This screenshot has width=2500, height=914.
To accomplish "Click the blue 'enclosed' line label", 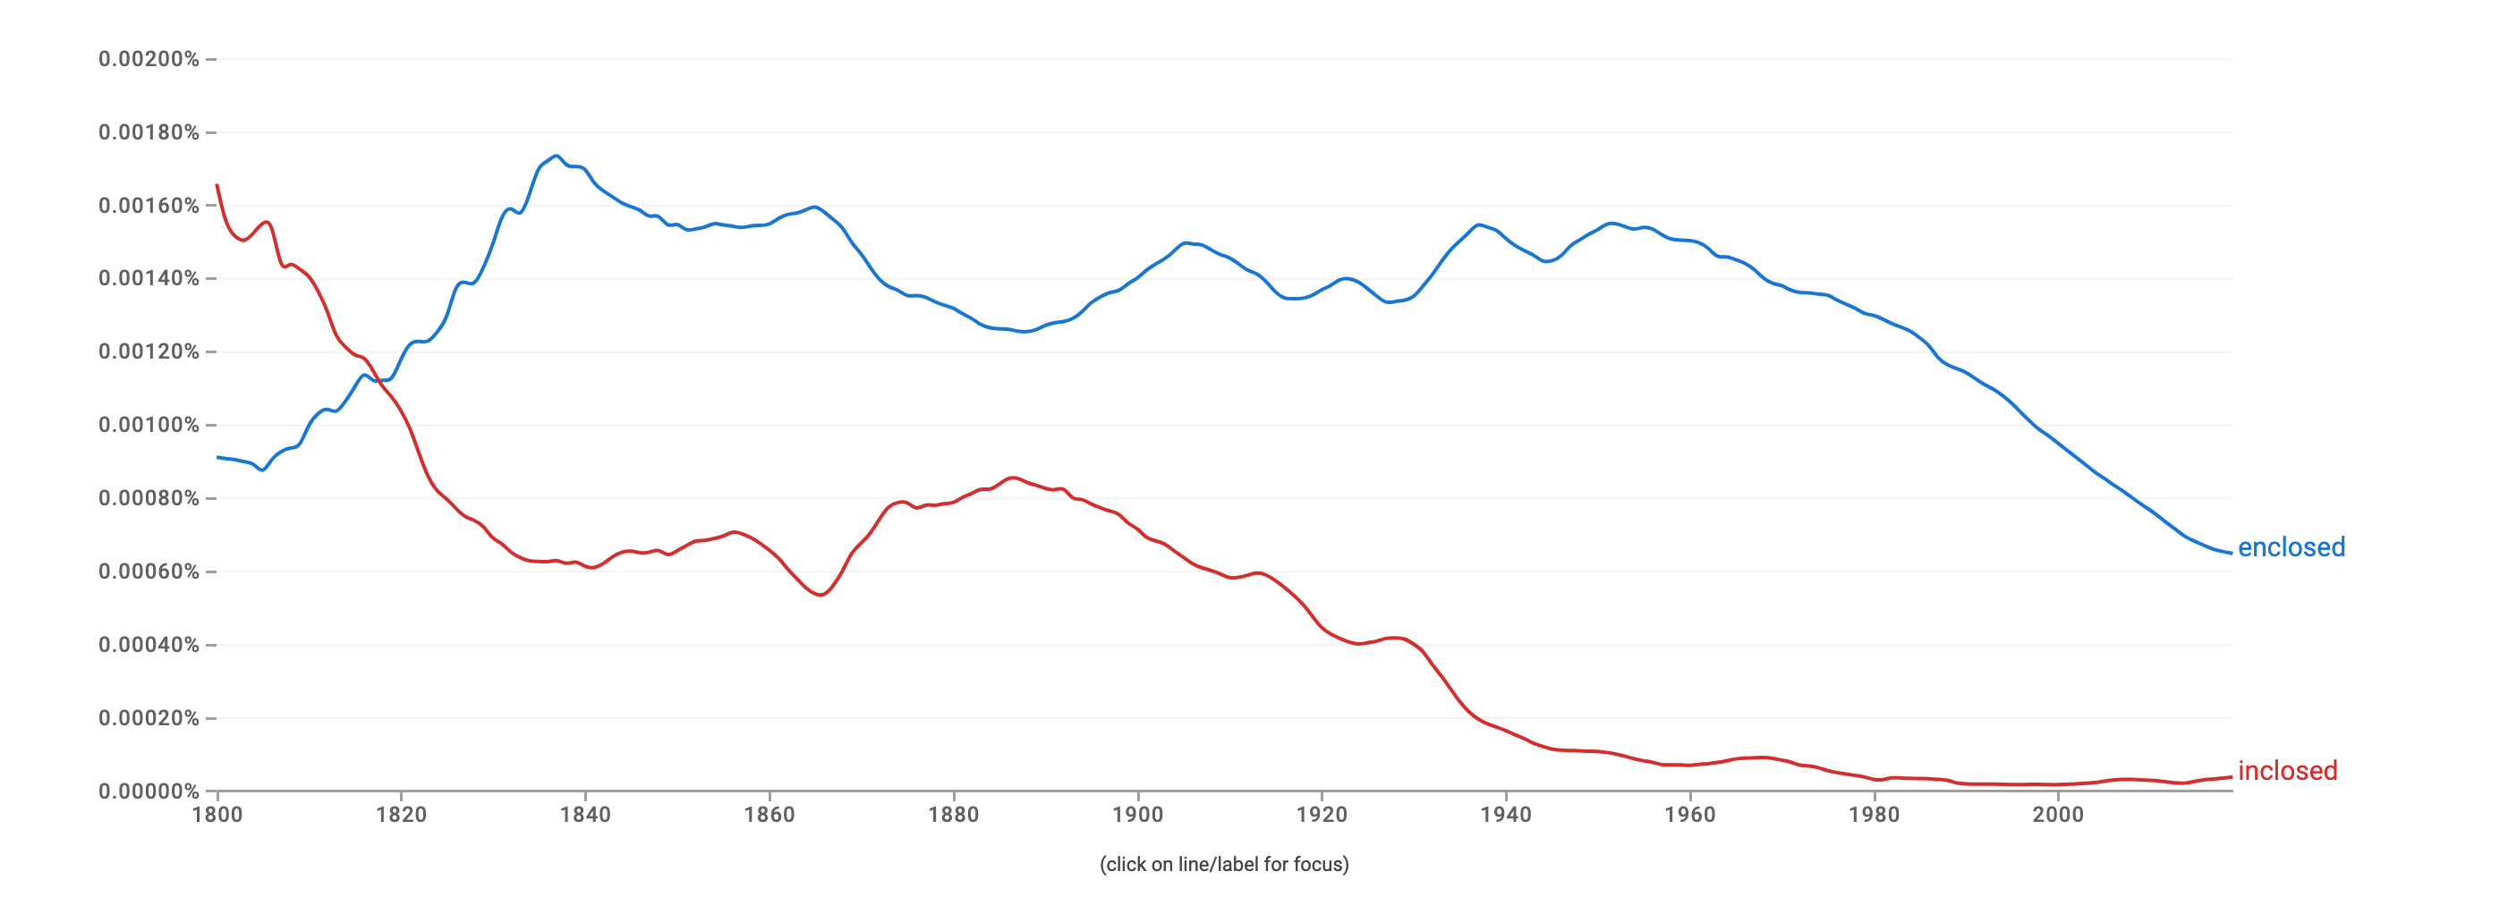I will pos(2291,547).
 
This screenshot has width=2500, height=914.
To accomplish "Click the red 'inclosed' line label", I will pos(2286,770).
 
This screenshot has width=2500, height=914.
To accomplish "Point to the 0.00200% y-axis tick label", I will pos(149,59).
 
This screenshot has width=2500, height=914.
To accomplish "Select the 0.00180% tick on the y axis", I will pos(149,132).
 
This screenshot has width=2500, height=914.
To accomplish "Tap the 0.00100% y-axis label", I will pos(149,425).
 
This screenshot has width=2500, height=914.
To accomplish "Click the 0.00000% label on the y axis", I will pos(149,791).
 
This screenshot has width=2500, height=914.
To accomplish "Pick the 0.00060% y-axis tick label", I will pos(149,571).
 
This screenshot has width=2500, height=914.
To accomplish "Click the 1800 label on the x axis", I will pos(217,815).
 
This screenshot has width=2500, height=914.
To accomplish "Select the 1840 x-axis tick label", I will pos(585,815).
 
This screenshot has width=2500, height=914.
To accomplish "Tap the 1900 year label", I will pos(1137,815).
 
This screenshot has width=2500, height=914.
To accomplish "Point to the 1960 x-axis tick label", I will pos(1689,815).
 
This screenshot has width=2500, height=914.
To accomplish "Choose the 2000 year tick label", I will pos(2057,815).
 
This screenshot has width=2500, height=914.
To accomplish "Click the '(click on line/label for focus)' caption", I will pos(1224,865).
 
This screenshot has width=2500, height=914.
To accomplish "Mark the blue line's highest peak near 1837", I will pos(556,156).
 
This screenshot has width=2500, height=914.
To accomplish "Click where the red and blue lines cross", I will pos(378,379).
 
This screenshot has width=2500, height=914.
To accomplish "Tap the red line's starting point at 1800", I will pos(217,184).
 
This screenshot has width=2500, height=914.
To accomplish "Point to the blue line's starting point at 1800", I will pos(217,457).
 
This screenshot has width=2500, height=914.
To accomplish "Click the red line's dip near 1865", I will pos(821,595).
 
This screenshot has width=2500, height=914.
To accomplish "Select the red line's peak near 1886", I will pos(1013,478).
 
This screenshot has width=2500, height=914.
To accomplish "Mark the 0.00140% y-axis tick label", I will pos(149,278).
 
